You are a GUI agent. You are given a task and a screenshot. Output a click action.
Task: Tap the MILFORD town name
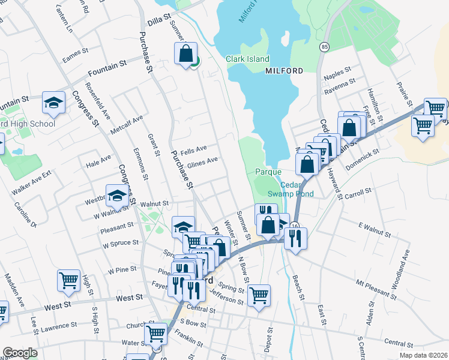[284, 71]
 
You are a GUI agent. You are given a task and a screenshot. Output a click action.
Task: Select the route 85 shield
[325, 47]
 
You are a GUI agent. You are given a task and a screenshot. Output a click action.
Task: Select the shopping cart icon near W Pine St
[69, 279]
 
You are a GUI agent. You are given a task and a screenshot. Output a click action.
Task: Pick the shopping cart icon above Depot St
[259, 295]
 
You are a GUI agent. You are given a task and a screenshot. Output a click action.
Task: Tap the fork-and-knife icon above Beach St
[295, 238]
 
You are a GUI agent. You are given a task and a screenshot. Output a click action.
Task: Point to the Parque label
[268, 172]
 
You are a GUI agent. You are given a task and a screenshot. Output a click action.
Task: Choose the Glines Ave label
[202, 162]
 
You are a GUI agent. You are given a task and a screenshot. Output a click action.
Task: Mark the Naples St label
[337, 73]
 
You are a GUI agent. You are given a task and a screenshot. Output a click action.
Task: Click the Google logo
[20, 353]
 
